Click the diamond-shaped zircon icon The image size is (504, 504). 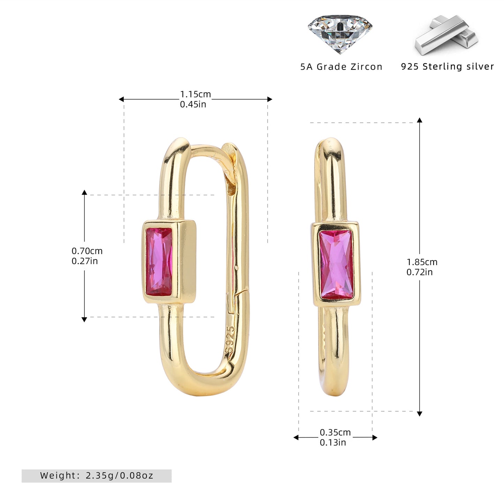click(340, 34)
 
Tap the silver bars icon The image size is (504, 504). click(446, 35)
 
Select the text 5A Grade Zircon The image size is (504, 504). click(341, 67)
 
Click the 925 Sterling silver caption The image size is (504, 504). click(447, 66)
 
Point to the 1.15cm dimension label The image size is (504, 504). click(195, 94)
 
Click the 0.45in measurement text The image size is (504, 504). click(193, 104)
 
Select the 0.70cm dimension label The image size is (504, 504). click(87, 251)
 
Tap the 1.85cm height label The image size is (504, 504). click(422, 262)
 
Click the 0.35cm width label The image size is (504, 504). click(335, 432)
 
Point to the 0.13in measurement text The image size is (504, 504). click(333, 443)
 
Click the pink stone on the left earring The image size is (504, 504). click(159, 262)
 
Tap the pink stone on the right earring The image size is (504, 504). click(336, 265)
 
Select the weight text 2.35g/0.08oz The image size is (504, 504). click(120, 475)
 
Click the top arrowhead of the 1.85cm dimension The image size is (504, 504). click(420, 120)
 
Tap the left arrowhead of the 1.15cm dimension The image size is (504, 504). click(121, 99)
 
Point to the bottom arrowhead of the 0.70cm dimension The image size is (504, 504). click(84, 319)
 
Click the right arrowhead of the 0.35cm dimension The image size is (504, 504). click(375, 437)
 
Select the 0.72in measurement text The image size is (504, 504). click(420, 272)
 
